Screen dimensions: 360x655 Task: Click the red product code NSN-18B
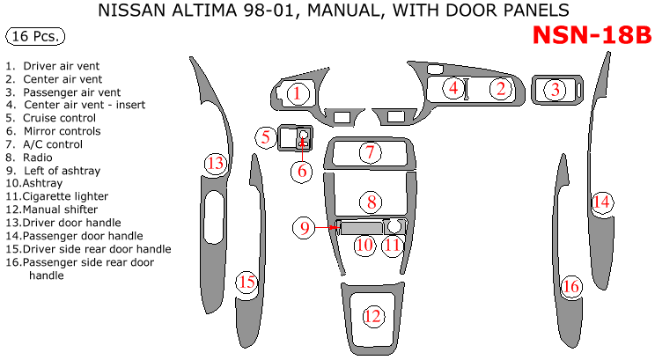592,35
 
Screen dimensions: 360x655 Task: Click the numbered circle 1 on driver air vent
298,92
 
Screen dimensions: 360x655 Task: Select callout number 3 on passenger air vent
555,89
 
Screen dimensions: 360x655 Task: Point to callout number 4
453,87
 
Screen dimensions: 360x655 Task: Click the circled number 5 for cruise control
264,136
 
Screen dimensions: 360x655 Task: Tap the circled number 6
302,171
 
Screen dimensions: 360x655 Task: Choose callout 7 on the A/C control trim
371,152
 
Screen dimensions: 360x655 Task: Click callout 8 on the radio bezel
372,202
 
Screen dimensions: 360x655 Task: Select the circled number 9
305,227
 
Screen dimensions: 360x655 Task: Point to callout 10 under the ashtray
364,245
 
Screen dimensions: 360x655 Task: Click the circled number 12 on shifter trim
373,316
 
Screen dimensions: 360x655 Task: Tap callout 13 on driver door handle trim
216,163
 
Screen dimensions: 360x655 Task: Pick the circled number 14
601,202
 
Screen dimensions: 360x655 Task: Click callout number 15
247,283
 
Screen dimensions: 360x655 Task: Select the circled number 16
571,286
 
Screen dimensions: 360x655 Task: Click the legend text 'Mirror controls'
62,131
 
